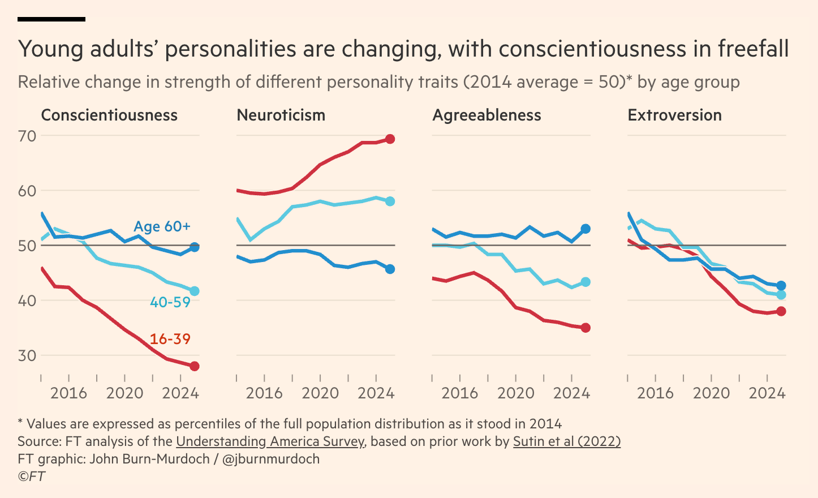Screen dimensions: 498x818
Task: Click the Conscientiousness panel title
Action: click(x=109, y=115)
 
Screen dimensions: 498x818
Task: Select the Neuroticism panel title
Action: click(x=281, y=115)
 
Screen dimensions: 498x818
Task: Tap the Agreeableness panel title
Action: click(x=487, y=115)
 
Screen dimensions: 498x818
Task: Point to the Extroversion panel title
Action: click(x=674, y=115)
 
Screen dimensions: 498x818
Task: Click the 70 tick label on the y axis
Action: click(x=27, y=136)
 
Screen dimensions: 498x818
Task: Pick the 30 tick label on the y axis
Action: click(x=27, y=355)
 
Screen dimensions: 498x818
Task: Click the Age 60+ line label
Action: click(x=162, y=226)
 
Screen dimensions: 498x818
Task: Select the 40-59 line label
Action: click(x=170, y=302)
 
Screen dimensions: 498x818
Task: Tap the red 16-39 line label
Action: click(x=170, y=339)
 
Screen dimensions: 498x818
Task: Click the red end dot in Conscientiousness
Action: click(x=194, y=366)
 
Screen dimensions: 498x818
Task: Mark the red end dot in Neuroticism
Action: click(x=390, y=139)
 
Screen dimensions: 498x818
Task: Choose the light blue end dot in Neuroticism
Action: click(x=390, y=201)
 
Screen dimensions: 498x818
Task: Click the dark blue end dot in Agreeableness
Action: click(x=585, y=229)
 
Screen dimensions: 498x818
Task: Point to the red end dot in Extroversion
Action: click(x=781, y=311)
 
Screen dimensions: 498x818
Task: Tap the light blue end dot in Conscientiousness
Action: click(x=194, y=291)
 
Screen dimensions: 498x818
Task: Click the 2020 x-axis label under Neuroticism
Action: click(x=320, y=393)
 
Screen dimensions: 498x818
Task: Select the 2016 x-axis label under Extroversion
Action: click(x=655, y=393)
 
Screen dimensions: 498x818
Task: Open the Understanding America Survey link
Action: click(x=270, y=441)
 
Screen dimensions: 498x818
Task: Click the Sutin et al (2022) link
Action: click(x=566, y=441)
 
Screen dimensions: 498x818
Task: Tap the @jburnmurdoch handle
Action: click(x=271, y=459)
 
